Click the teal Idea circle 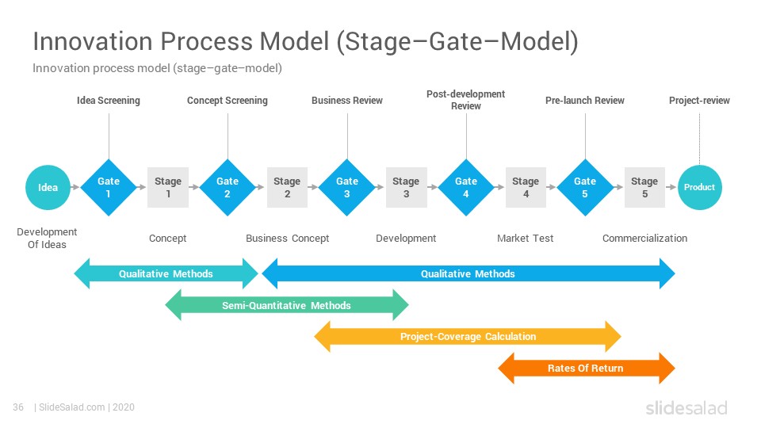point(48,187)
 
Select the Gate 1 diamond point(109,187)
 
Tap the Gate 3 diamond point(347,187)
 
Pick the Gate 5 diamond point(585,187)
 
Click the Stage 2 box point(287,187)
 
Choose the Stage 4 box point(526,187)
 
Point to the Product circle point(699,187)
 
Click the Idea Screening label point(109,101)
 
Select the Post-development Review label point(466,100)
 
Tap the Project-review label point(699,101)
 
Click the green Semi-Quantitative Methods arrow point(287,305)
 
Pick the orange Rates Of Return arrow point(587,369)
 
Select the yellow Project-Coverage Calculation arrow point(468,336)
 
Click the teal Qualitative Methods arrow point(166,273)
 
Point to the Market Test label point(525,239)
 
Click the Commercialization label point(644,239)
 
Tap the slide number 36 point(18,407)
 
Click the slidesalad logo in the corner point(686,407)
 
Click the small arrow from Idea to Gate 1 point(75,187)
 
